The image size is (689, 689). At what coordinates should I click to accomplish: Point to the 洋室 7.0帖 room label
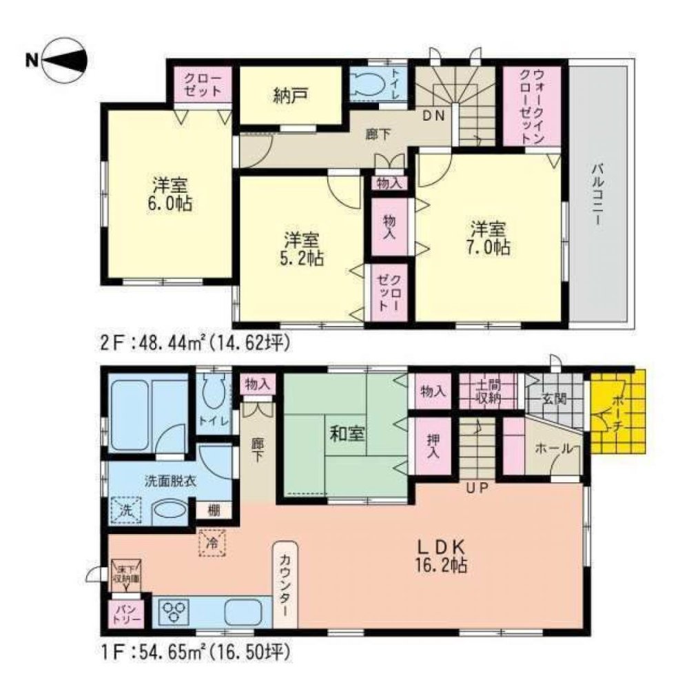490,238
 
